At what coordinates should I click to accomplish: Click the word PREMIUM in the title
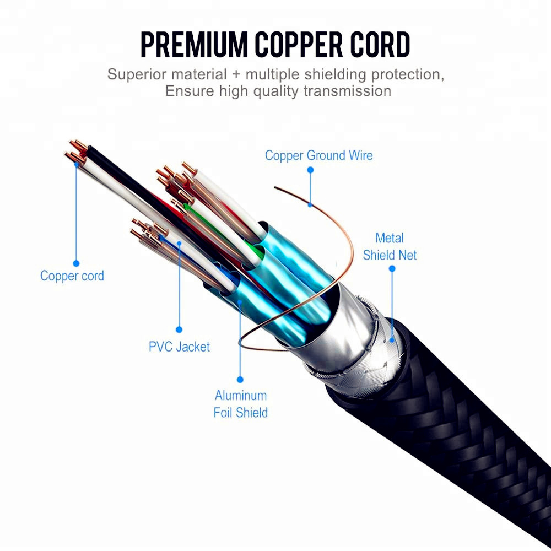tap(194, 45)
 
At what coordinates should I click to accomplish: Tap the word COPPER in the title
tap(298, 45)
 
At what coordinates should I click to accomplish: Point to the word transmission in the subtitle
tap(347, 91)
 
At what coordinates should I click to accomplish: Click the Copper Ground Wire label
tap(318, 155)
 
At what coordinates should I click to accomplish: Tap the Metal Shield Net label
tap(390, 246)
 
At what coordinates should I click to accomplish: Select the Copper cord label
tap(72, 276)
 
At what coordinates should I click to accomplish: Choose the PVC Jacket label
tap(179, 347)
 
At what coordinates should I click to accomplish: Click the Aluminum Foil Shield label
tap(241, 404)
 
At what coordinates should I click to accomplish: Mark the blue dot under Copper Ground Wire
tap(310, 170)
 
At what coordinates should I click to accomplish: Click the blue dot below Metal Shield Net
tap(392, 269)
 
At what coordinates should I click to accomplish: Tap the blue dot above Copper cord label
tap(76, 263)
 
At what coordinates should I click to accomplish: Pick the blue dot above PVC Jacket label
tap(179, 329)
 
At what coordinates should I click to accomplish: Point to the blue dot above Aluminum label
tap(240, 380)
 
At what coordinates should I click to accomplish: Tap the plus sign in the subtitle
tap(236, 75)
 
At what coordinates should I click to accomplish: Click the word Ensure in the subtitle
tap(190, 91)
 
